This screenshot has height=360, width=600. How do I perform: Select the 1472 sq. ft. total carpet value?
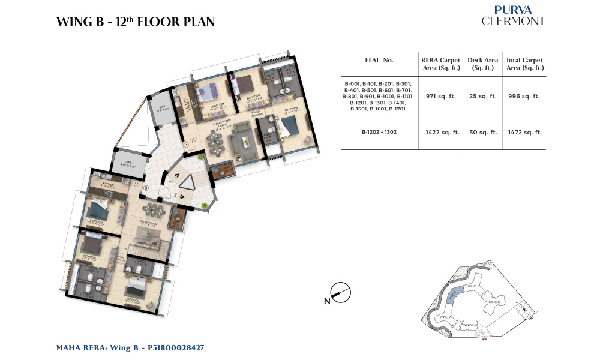[x=524, y=133]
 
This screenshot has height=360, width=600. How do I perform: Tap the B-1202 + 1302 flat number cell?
[x=379, y=133]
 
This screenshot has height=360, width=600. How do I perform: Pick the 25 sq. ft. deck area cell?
[x=484, y=96]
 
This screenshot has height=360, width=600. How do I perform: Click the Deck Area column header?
[x=484, y=64]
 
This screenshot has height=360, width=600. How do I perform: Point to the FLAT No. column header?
[x=379, y=61]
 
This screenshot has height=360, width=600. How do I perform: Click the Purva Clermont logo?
[x=513, y=16]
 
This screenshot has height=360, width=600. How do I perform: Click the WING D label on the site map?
[x=493, y=302]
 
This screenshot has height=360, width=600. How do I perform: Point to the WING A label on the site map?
[x=445, y=316]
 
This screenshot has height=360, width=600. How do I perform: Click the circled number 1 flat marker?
[x=187, y=145]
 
